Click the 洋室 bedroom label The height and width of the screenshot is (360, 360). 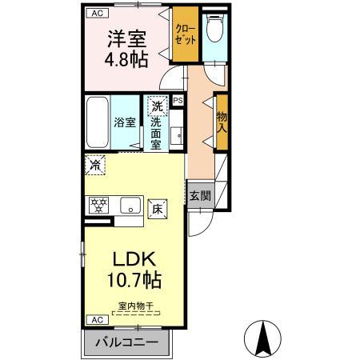(x=126, y=38)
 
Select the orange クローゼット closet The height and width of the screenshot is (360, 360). (x=186, y=34)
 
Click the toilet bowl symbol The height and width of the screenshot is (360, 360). (x=213, y=30)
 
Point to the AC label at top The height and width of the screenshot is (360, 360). (x=96, y=14)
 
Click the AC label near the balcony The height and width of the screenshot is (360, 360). (x=96, y=319)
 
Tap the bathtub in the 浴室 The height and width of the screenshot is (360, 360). (x=98, y=121)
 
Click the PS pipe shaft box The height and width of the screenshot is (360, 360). (x=178, y=101)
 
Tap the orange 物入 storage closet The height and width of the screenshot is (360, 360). (x=221, y=121)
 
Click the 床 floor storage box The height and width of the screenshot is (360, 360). (x=156, y=206)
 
